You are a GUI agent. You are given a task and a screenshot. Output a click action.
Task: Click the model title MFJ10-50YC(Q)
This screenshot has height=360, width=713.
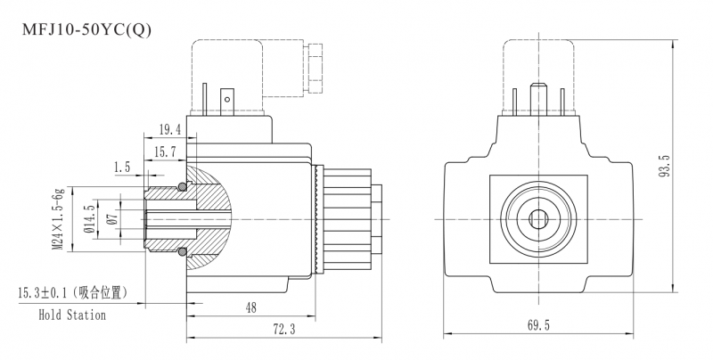coord(86,30)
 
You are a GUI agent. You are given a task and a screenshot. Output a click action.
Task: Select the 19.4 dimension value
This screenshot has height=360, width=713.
coord(169,130)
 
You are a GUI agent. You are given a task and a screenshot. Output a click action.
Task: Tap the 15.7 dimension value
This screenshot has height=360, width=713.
coord(165,151)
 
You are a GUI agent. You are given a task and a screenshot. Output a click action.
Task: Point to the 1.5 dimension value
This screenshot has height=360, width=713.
coord(122,168)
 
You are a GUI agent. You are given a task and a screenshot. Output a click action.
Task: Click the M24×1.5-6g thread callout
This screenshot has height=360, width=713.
coord(58,218)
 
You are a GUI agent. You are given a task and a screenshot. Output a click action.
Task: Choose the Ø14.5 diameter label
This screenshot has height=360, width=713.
coord(90,219)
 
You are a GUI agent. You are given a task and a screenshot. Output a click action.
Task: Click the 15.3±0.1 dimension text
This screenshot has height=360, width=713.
coord(43,293)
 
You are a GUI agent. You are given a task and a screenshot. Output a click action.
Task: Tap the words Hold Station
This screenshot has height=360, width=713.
coord(72,315)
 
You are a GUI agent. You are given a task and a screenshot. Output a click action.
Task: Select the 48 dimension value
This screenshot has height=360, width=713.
coord(251,307)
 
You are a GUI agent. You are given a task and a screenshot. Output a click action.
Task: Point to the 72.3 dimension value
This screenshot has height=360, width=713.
coord(283,329)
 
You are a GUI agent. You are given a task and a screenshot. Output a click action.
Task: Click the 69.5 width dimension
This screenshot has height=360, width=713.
coord(538,325)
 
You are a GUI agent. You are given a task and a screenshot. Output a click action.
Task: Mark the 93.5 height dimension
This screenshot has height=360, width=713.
coord(664,166)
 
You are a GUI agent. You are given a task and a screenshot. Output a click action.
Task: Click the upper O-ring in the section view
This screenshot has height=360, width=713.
coord(182,186)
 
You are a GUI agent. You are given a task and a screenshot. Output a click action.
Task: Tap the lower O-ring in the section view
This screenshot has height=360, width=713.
coord(182,251)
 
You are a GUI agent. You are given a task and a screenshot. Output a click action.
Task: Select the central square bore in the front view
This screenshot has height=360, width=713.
coord(539,219)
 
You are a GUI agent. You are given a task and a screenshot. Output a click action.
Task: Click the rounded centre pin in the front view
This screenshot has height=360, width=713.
coord(539,99)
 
